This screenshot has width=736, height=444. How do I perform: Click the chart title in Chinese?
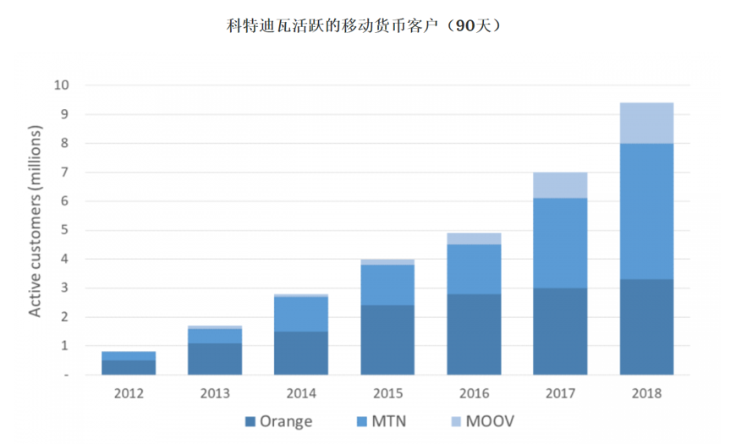click(x=367, y=26)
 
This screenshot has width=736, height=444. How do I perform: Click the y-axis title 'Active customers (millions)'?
click(x=36, y=222)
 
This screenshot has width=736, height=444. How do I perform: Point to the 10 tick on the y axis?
click(x=60, y=85)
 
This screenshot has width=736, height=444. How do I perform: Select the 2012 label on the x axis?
click(x=129, y=393)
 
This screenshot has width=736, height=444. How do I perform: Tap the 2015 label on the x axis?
click(x=387, y=393)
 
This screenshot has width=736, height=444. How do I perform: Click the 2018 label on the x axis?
click(x=646, y=393)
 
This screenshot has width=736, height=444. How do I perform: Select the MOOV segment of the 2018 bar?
click(x=646, y=123)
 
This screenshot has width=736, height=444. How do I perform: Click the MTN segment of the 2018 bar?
click(x=646, y=211)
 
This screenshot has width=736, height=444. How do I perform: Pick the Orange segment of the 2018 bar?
click(x=646, y=326)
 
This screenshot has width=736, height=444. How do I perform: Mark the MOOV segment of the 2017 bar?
click(x=560, y=185)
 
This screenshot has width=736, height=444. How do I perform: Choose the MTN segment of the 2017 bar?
click(x=560, y=243)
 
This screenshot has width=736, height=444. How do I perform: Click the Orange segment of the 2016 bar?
click(x=474, y=334)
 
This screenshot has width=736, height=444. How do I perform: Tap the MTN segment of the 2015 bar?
click(x=387, y=285)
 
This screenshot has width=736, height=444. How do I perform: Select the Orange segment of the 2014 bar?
click(x=301, y=353)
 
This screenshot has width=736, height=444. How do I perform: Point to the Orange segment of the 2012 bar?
click(x=129, y=367)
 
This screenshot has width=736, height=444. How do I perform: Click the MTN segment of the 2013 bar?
click(x=215, y=336)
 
